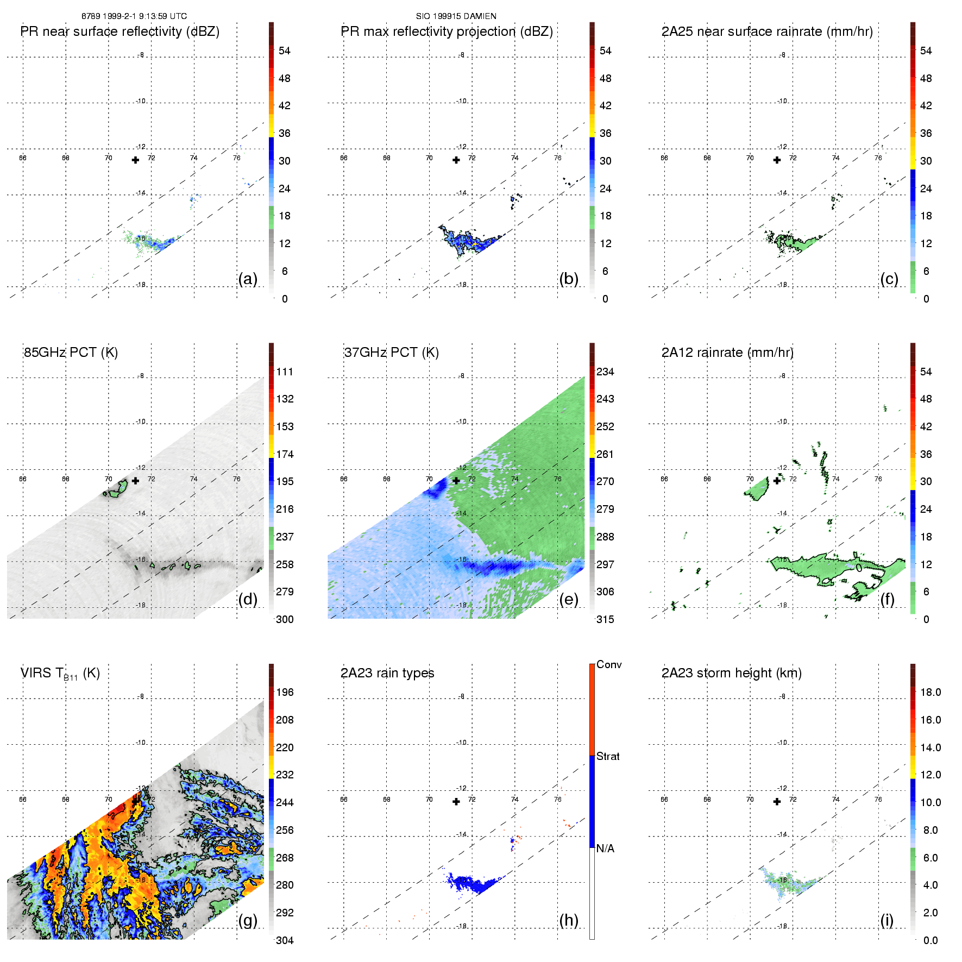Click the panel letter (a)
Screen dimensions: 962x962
pyautogui.click(x=248, y=279)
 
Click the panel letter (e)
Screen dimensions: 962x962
pyautogui.click(x=569, y=600)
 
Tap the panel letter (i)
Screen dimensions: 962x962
pyautogui.click(x=886, y=920)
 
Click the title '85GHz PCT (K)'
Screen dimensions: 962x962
pyautogui.click(x=71, y=353)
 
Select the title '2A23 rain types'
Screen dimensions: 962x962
pyautogui.click(x=387, y=673)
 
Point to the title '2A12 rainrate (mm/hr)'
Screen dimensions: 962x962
pyautogui.click(x=727, y=353)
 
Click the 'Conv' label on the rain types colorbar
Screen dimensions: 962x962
pyautogui.click(x=609, y=664)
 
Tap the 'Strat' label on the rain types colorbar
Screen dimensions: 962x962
pyautogui.click(x=608, y=756)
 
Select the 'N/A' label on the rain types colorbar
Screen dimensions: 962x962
pyautogui.click(x=605, y=848)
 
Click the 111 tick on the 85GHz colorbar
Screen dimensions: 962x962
pyautogui.click(x=285, y=372)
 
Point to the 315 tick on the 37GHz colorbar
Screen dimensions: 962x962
pyautogui.click(x=605, y=619)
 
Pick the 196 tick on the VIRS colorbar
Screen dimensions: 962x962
pyautogui.click(x=285, y=692)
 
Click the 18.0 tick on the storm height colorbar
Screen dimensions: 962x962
pyautogui.click(x=930, y=692)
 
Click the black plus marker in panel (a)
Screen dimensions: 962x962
pyautogui.click(x=135, y=160)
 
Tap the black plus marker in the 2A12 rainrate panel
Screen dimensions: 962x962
pyautogui.click(x=777, y=481)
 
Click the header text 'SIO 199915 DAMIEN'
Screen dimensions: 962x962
pyautogui.click(x=456, y=16)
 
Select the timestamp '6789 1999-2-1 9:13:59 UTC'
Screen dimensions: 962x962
pyautogui.click(x=134, y=16)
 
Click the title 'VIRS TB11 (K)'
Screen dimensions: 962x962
pyautogui.click(x=60, y=674)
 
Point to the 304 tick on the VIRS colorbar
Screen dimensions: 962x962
pyautogui.click(x=285, y=940)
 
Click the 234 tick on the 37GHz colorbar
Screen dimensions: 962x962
pyautogui.click(x=605, y=372)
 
